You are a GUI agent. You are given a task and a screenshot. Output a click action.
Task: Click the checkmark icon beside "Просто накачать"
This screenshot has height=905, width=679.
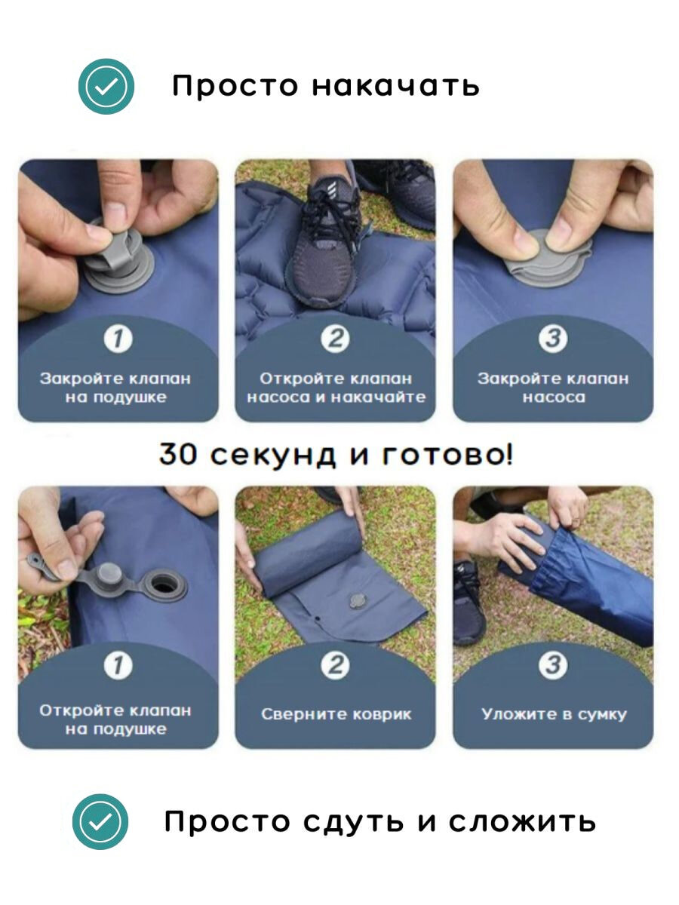pyautogui.click(x=106, y=86)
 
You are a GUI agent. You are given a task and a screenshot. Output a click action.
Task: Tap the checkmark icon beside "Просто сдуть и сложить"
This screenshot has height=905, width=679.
pyautogui.click(x=100, y=821)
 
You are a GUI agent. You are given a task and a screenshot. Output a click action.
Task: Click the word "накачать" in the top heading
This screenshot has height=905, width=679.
pyautogui.click(x=395, y=86)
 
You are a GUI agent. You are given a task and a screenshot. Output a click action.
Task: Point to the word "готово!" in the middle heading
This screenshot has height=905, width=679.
pyautogui.click(x=447, y=454)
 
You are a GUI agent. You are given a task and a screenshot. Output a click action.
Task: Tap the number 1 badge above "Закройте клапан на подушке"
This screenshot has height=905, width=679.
pyautogui.click(x=118, y=339)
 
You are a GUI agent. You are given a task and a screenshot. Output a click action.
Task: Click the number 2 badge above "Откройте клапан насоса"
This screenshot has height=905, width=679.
pyautogui.click(x=335, y=339)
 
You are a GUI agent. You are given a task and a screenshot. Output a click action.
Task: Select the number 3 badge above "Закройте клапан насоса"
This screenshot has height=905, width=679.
pyautogui.click(x=553, y=339)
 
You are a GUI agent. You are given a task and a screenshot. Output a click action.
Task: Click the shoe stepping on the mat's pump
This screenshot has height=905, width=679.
pyautogui.click(x=324, y=244)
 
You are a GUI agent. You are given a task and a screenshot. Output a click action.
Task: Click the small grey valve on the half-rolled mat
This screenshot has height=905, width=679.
pyautogui.click(x=357, y=601)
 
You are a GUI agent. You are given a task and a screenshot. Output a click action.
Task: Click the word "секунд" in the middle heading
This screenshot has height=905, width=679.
pyautogui.click(x=272, y=456)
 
